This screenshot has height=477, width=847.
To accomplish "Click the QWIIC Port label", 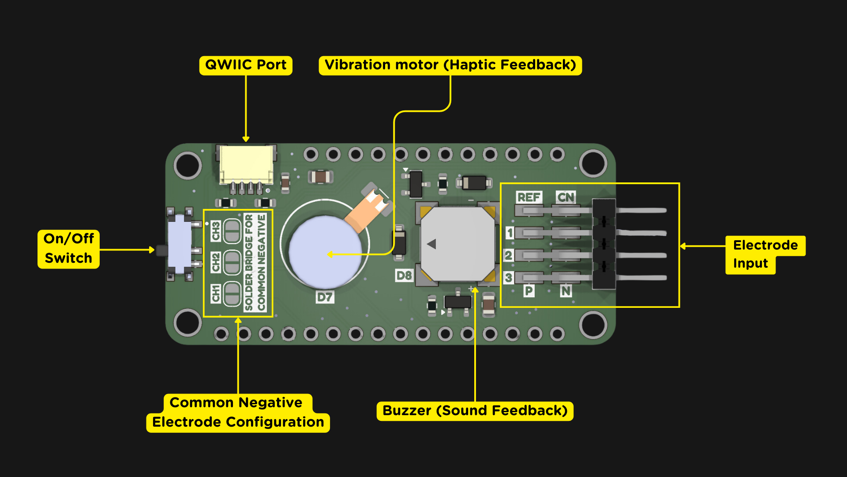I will click(x=246, y=65).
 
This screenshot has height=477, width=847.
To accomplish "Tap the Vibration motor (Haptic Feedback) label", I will click(x=450, y=65).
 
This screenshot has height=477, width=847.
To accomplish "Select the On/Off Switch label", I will click(x=69, y=249).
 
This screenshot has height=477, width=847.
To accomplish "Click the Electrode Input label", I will click(x=765, y=254).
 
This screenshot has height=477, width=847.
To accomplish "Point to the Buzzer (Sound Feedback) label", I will click(x=475, y=411).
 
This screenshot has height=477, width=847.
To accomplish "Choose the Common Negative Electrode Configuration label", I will click(x=238, y=413).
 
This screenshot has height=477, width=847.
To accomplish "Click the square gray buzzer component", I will click(x=458, y=244).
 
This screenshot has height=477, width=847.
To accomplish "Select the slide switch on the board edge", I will click(x=180, y=244).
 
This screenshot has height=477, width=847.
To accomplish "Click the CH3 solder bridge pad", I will click(x=232, y=231).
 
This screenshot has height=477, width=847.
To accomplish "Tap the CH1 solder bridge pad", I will click(x=232, y=293).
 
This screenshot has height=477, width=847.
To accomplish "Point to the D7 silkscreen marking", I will click(x=325, y=297).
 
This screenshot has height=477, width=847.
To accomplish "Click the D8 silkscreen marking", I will click(x=404, y=276).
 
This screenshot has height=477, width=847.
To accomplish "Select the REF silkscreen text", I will click(x=528, y=197).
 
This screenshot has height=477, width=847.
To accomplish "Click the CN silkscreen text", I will click(x=566, y=197).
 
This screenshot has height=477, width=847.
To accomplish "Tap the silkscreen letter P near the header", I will click(x=528, y=291).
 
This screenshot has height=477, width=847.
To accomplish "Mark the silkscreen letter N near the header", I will click(x=566, y=291).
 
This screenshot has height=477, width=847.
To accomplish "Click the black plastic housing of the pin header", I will click(x=603, y=244).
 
